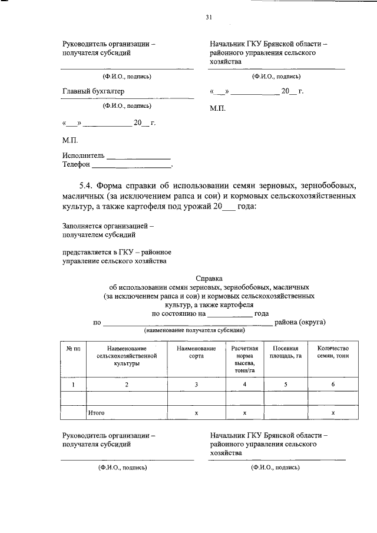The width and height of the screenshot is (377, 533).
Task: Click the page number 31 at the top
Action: point(209,17)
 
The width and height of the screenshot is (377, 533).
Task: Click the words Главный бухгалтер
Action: point(93,91)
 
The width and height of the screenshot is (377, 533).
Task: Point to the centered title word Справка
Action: point(209,278)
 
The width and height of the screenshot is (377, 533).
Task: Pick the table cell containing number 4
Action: point(244,385)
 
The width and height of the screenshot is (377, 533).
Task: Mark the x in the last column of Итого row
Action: point(333,413)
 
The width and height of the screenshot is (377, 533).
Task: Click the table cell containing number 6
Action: point(333,385)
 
